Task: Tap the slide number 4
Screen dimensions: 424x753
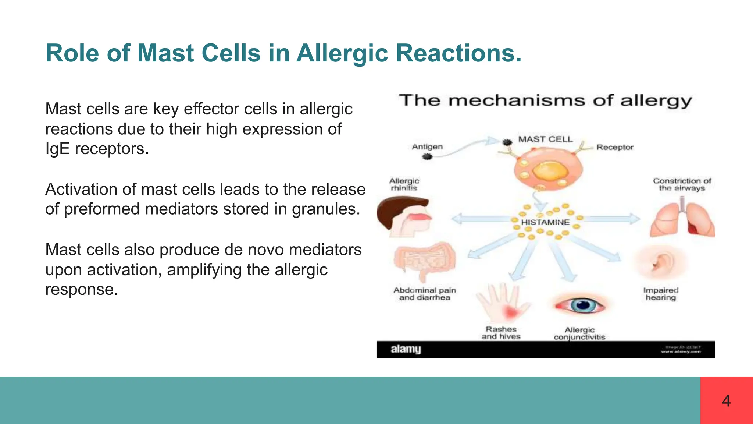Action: pos(726,401)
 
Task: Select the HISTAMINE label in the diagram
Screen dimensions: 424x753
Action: pos(545,222)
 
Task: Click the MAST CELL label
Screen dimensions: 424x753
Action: pos(545,139)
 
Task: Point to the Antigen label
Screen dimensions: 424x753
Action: pos(427,146)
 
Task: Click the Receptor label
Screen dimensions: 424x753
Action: pos(615,147)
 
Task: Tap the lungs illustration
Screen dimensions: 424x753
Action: pos(682,220)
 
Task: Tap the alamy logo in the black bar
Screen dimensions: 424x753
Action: pos(406,349)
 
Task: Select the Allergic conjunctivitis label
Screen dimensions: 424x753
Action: pos(579,333)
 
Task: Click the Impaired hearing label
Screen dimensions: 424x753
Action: pos(661,294)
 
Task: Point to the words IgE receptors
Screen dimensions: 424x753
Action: pos(97,149)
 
